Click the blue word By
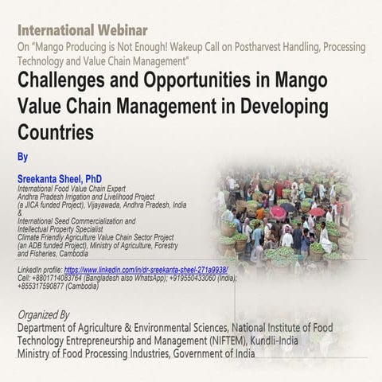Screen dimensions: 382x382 [x=22, y=157]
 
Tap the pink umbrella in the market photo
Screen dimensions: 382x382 [x=278, y=212]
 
